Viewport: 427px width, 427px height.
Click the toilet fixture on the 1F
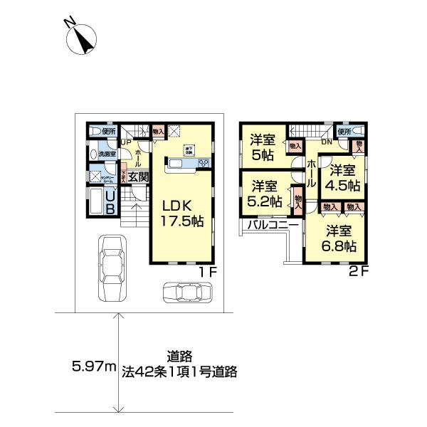(96, 131)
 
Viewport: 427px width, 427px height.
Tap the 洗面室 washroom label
(107, 153)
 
